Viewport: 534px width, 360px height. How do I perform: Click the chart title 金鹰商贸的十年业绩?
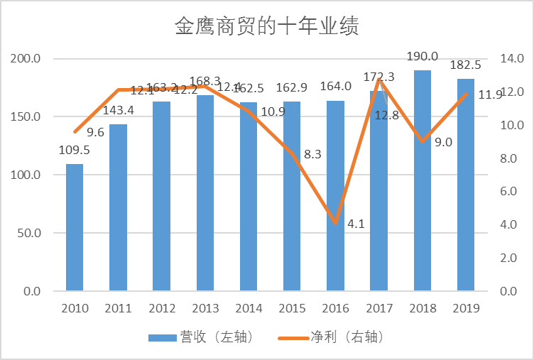[266, 27]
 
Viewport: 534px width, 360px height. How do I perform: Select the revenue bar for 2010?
[75, 227]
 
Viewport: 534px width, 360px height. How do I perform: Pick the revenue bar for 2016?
[335, 199]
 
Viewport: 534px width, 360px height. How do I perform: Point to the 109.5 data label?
[75, 150]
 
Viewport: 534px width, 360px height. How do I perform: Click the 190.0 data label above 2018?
[423, 56]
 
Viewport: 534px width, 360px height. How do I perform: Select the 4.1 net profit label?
[356, 224]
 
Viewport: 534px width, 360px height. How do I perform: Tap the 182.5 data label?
[466, 65]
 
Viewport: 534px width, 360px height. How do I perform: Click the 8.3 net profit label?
[312, 153]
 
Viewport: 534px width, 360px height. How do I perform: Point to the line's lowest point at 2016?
[335, 223]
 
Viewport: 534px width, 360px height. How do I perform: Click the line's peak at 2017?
[379, 79]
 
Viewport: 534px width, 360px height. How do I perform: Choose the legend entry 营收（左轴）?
[200, 337]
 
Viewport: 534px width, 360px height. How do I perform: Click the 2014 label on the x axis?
[249, 308]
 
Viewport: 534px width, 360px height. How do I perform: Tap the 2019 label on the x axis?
[466, 308]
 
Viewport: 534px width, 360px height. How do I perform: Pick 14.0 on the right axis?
[511, 58]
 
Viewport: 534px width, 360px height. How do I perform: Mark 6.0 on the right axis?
[511, 191]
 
